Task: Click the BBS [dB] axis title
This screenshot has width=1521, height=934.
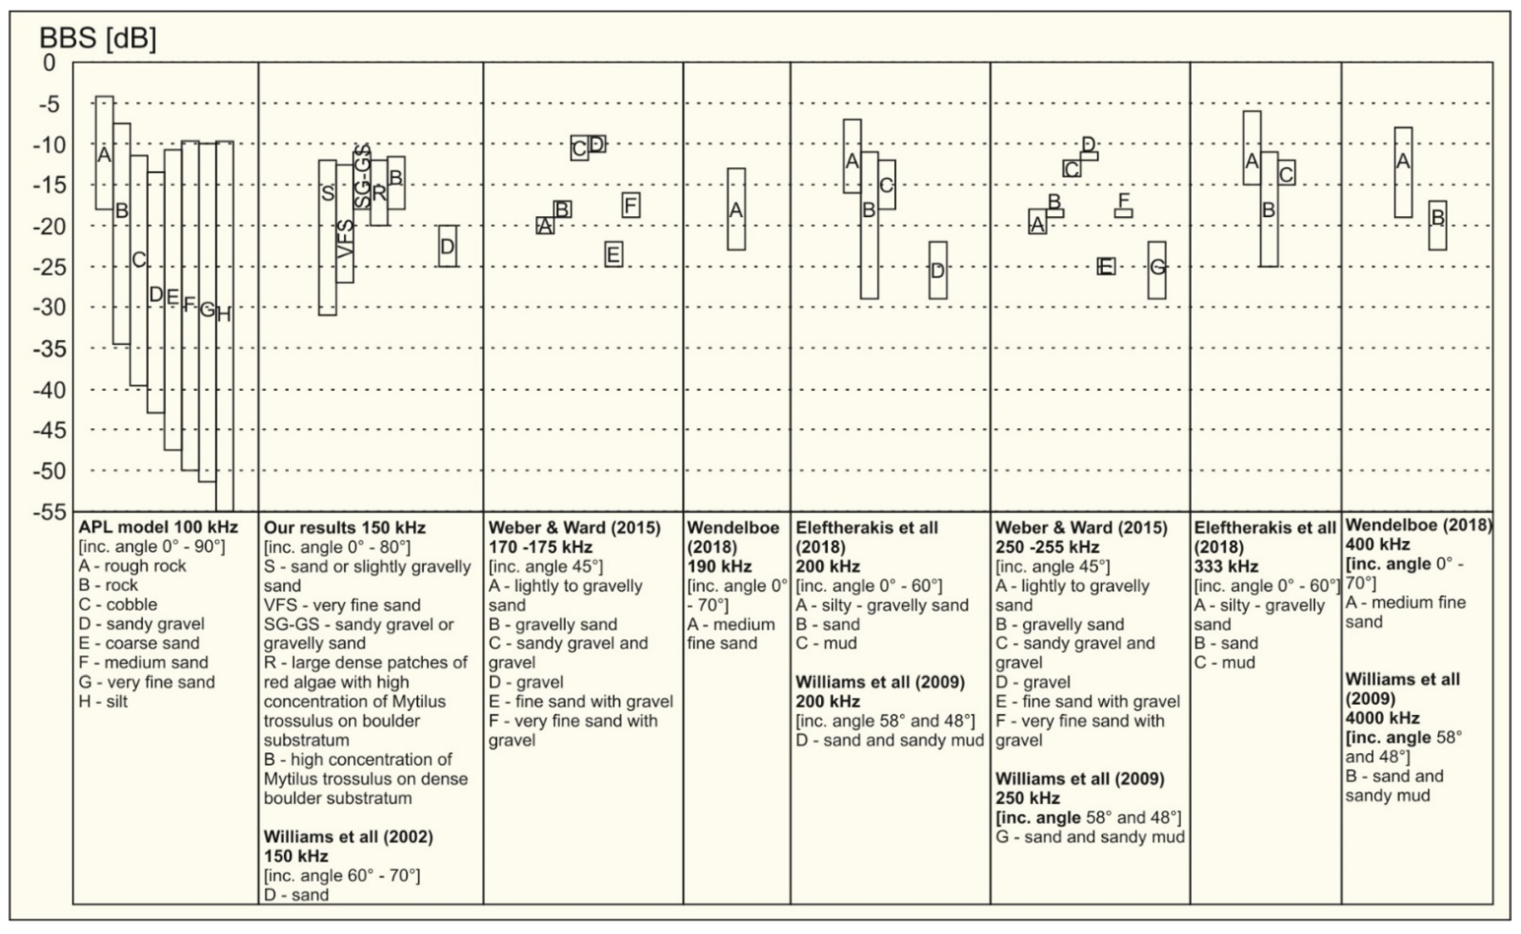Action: tap(98, 38)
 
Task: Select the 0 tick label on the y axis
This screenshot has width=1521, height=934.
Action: tap(49, 63)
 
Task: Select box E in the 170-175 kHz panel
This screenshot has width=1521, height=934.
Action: tap(614, 254)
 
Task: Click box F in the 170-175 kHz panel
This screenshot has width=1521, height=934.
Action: tap(631, 205)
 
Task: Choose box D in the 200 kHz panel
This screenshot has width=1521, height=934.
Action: tap(938, 271)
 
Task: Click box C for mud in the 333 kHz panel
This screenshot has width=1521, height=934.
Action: tap(1287, 173)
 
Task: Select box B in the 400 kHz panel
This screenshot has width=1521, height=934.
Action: tap(1438, 226)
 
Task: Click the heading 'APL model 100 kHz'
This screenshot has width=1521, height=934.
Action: tap(158, 528)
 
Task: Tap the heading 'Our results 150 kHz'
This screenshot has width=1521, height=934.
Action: tap(345, 528)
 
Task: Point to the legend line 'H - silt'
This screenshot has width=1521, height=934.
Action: tap(103, 702)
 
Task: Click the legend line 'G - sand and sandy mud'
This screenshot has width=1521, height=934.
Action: tap(1090, 837)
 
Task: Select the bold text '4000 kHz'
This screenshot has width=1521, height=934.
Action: tap(1382, 718)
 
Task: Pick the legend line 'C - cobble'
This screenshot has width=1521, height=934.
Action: tap(118, 605)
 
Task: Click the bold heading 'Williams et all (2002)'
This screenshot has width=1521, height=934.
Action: tap(348, 837)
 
